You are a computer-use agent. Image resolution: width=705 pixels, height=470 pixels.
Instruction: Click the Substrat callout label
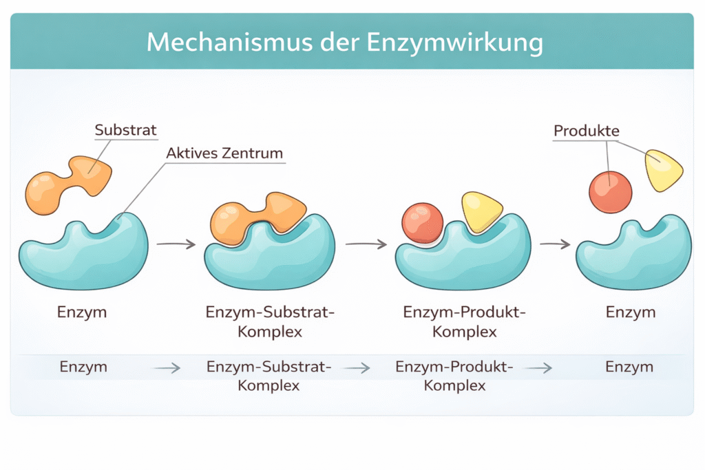(125, 130)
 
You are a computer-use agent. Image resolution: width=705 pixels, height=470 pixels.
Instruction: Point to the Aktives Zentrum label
(224, 153)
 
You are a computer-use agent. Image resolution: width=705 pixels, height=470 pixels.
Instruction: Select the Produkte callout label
(586, 131)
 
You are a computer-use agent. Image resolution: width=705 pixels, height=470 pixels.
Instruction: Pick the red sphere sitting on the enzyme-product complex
(421, 223)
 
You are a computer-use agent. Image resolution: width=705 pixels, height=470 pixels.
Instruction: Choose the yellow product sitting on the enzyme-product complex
(482, 212)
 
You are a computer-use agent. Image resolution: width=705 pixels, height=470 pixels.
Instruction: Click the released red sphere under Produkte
(610, 191)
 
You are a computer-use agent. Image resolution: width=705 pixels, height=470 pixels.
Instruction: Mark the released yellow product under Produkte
(662, 169)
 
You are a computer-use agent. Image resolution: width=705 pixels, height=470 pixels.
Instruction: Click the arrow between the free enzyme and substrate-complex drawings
(176, 244)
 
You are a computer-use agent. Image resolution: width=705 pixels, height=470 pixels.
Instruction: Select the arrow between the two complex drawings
(365, 244)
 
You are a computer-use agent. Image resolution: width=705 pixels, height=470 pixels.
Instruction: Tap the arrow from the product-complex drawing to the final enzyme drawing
(555, 244)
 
